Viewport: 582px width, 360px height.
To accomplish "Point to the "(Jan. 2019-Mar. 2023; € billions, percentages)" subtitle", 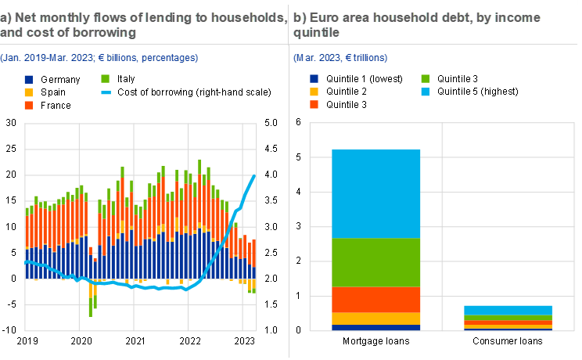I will point(99,57).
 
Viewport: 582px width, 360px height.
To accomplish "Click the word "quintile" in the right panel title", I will point(317,32).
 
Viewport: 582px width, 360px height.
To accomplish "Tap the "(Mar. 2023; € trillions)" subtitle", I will point(340,57).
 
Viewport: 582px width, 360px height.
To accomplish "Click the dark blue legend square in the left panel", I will point(29,79).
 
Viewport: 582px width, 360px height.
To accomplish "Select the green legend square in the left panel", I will point(106,78).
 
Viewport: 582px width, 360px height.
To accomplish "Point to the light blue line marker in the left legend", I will point(106,92).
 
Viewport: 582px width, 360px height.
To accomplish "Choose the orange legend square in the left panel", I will point(29,105).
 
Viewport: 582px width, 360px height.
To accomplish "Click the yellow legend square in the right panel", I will point(314,92).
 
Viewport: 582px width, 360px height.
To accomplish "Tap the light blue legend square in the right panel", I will point(426,92).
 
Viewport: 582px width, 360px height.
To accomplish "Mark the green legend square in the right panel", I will point(426,78).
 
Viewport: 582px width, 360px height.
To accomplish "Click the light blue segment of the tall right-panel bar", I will point(376,193).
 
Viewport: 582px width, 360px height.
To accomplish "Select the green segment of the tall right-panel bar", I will point(376,262).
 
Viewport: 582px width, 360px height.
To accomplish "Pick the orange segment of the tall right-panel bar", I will point(376,300).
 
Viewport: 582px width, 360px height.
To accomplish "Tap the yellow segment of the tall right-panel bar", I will point(376,319).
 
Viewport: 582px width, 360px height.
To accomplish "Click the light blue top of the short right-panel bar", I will point(508,310).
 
